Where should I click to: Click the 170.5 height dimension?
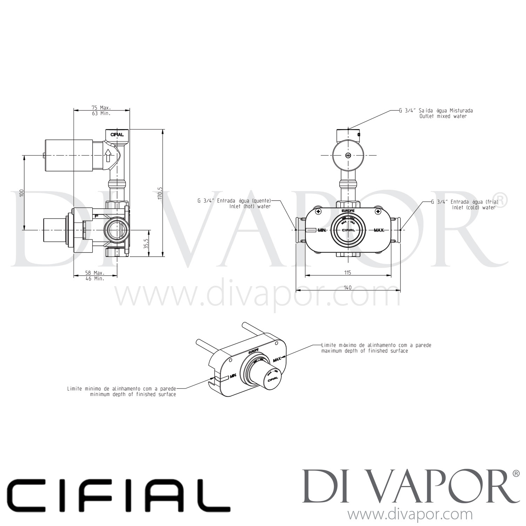click(x=160, y=193)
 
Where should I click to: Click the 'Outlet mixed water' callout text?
click(x=443, y=116)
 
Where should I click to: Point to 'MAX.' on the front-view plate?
click(x=379, y=230)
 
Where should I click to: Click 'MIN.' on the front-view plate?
click(x=322, y=231)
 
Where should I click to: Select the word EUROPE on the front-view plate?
click(x=347, y=211)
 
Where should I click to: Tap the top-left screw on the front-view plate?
click(x=318, y=211)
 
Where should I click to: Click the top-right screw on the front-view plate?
click(x=378, y=211)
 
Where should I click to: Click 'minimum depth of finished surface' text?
click(x=133, y=394)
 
